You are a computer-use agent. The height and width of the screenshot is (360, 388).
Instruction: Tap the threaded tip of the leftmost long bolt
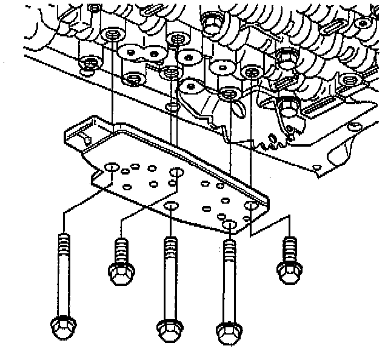(x=61, y=239)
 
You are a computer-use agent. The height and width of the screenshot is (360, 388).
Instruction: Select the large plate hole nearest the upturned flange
(x=111, y=166)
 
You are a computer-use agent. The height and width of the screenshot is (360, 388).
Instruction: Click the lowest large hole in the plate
(x=229, y=225)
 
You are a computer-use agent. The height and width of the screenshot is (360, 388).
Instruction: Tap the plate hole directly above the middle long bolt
(x=172, y=205)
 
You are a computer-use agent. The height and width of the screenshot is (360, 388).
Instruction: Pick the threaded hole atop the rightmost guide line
(x=250, y=73)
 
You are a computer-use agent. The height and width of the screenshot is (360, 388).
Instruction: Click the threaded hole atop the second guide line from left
(x=171, y=73)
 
